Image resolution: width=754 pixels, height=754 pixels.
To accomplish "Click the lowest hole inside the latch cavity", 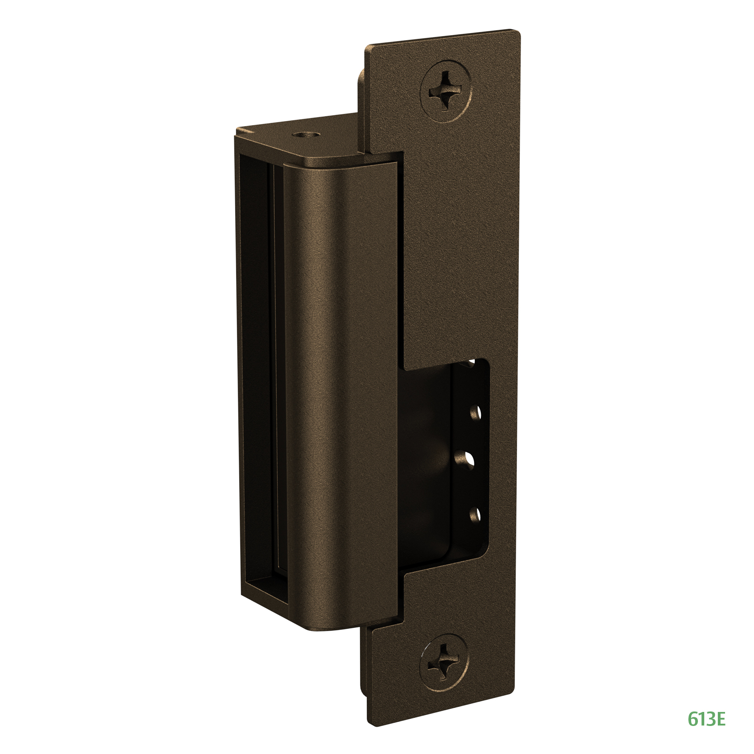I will [475, 514].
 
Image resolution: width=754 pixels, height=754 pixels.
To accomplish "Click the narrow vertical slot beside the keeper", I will [276, 384].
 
